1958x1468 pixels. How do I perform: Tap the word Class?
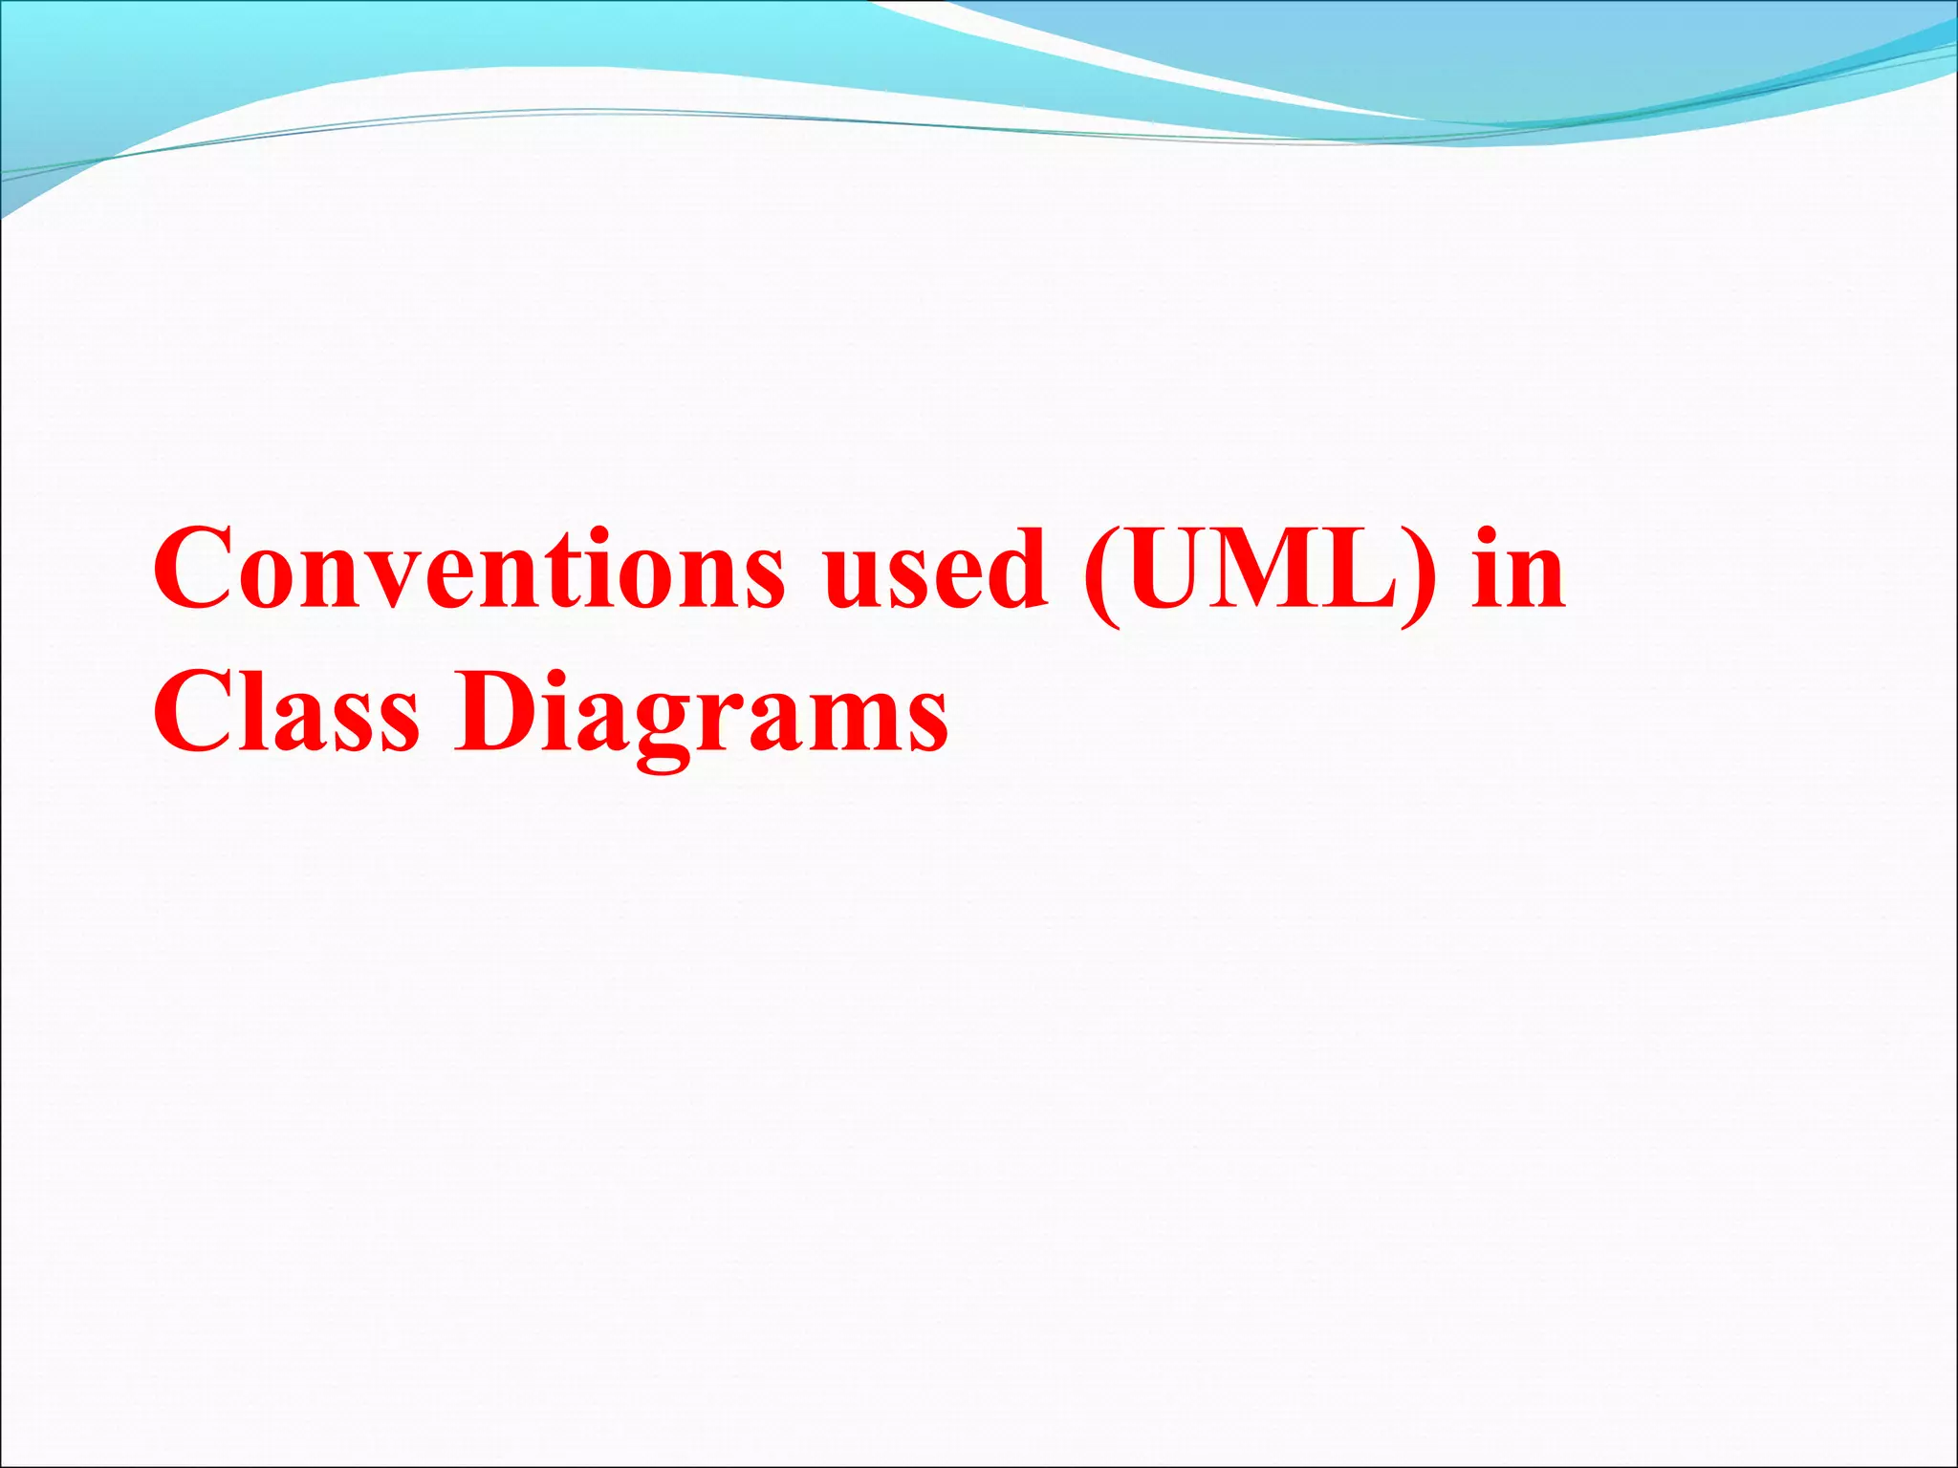pos(286,713)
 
